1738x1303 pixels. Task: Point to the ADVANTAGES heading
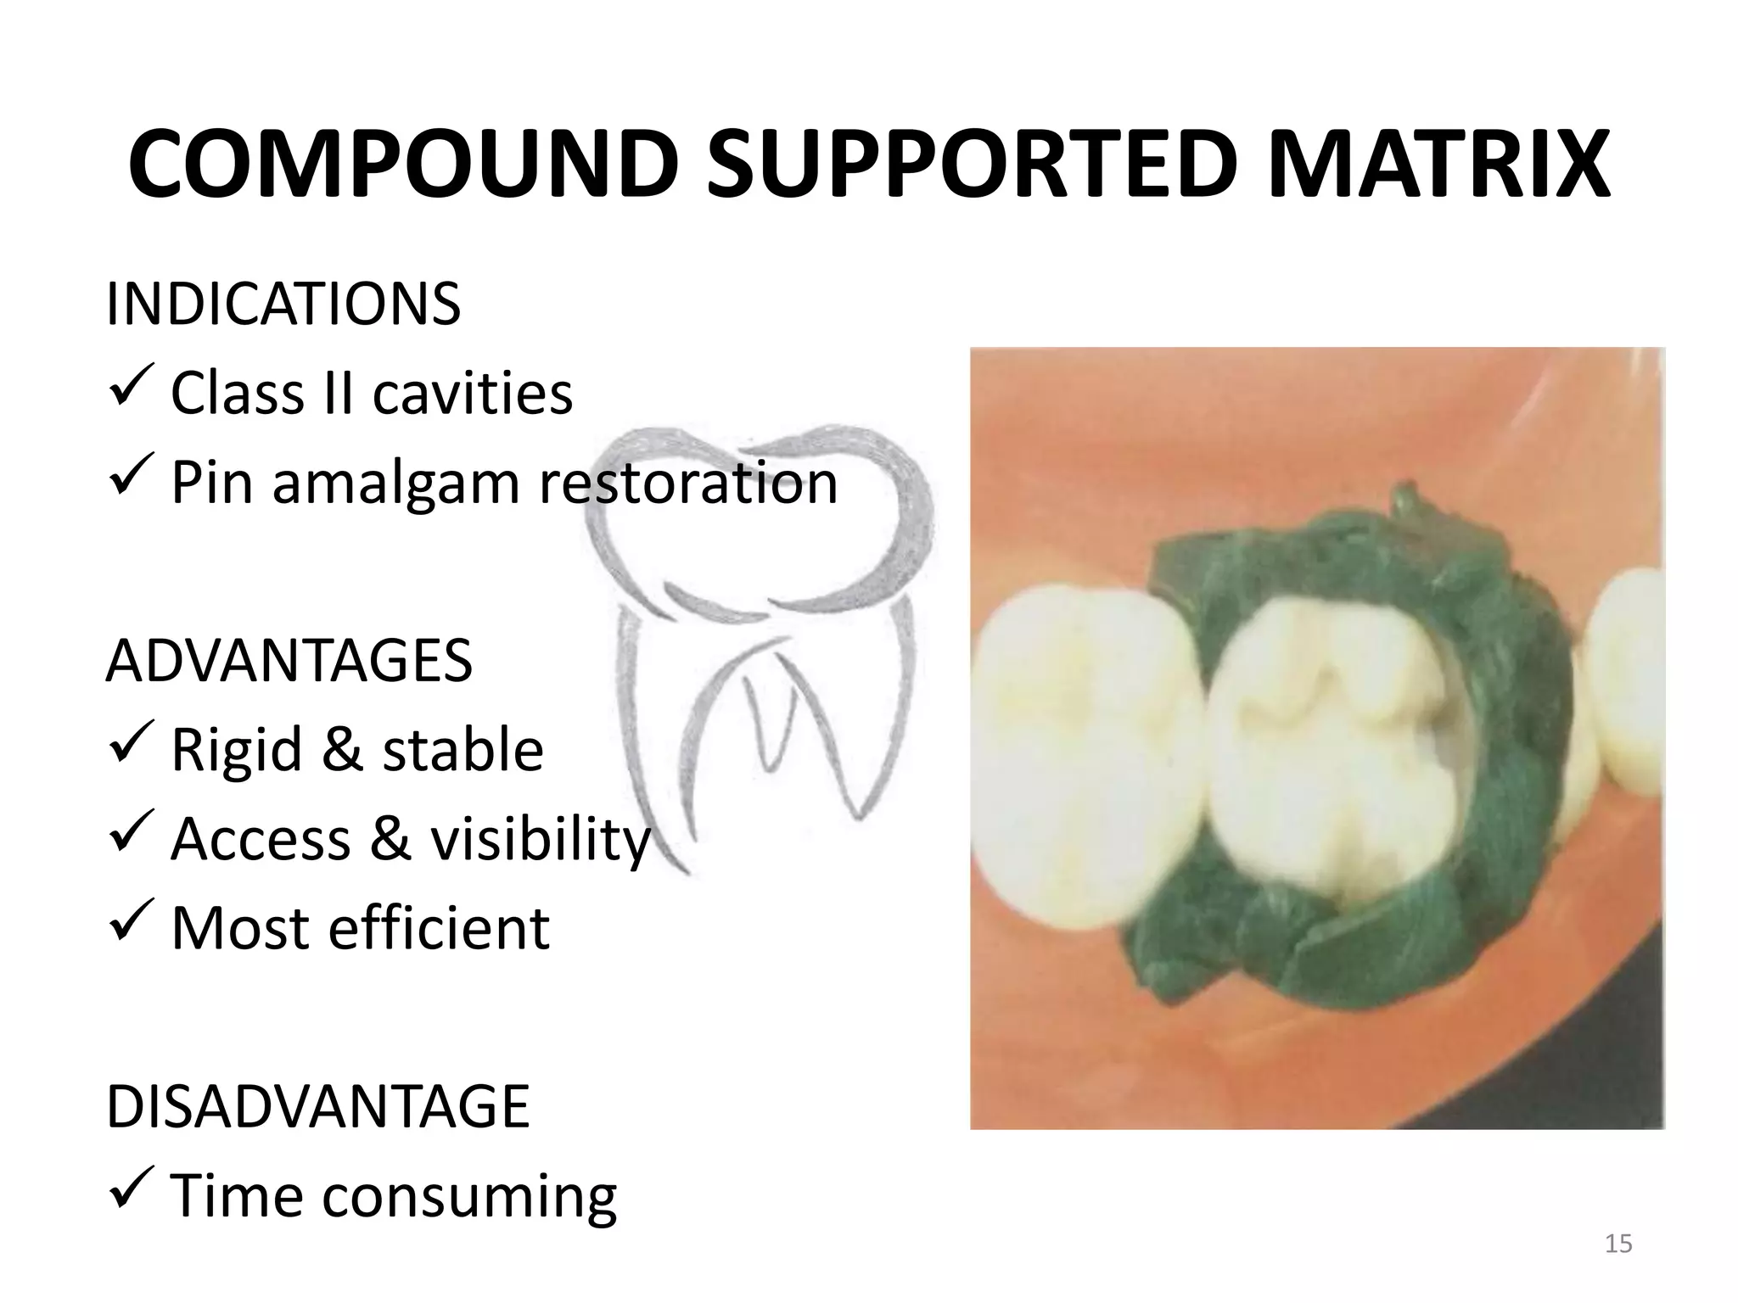289,661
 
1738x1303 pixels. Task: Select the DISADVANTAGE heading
317,1106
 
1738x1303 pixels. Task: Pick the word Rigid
236,750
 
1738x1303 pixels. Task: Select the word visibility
540,840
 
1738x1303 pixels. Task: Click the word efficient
438,928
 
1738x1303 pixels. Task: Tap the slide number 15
1618,1244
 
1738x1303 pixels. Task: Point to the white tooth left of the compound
1086,763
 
